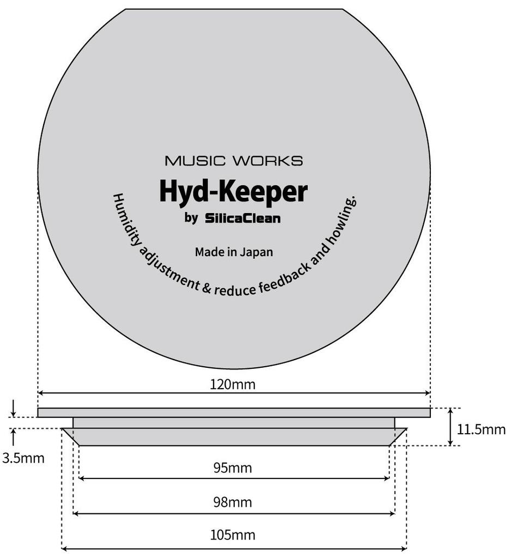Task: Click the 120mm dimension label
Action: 233,384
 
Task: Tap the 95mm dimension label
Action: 233,468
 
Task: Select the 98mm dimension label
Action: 233,502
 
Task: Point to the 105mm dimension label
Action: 233,535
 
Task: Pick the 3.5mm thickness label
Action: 23,458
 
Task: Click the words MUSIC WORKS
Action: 234,161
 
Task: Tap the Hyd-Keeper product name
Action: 234,192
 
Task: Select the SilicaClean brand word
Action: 243,219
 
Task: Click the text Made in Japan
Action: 234,252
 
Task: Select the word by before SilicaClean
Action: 191,219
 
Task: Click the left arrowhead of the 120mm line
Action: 40,393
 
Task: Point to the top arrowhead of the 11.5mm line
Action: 450,410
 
